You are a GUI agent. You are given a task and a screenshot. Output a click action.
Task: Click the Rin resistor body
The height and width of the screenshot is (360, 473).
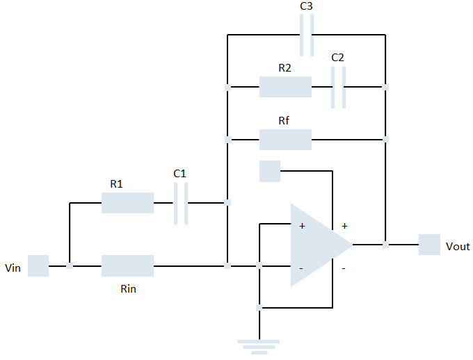127,265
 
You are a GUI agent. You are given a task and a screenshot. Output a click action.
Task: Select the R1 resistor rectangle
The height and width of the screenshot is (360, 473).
127,203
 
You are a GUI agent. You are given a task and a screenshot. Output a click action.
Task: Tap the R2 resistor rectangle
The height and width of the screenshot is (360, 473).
285,87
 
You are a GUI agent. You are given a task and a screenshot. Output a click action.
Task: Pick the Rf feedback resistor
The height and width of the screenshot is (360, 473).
285,140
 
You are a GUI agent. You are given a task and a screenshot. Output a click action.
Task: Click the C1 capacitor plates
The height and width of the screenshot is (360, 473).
181,203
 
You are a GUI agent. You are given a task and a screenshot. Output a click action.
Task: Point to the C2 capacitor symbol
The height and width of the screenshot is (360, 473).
338,87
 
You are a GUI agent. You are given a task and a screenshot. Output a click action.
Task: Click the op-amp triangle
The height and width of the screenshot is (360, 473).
316,245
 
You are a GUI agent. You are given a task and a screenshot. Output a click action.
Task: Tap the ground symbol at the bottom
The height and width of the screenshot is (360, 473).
259,345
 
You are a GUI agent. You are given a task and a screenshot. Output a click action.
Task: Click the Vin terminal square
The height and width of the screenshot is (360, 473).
38,265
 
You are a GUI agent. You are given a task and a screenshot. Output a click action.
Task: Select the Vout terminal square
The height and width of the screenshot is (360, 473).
429,245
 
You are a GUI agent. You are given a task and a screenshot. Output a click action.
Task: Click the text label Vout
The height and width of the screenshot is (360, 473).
458,247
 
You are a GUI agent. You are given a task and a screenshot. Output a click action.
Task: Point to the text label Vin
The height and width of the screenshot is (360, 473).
13,267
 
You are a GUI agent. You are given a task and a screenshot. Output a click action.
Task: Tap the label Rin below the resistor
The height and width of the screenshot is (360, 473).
128,288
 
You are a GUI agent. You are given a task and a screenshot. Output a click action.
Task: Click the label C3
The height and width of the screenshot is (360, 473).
306,6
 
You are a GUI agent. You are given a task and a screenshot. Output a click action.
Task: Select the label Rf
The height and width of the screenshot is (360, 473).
284,121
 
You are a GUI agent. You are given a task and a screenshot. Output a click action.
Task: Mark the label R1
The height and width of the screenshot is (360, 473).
116,184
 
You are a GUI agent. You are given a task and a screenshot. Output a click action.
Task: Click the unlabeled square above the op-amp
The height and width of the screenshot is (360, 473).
270,171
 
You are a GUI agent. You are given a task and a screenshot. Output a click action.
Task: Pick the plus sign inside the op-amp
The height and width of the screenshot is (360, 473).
302,226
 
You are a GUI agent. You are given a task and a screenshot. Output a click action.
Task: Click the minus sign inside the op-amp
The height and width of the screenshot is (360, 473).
301,268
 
